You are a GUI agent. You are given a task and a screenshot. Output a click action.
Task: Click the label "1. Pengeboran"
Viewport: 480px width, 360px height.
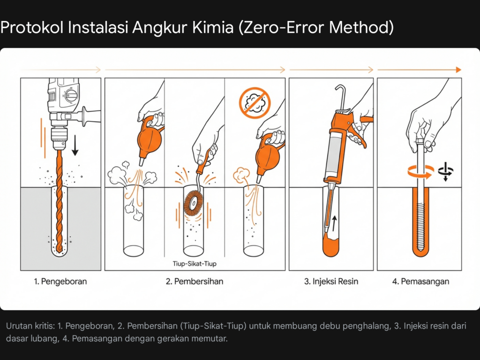(x=60, y=282)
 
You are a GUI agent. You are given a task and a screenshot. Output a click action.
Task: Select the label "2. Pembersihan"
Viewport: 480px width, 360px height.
(x=195, y=282)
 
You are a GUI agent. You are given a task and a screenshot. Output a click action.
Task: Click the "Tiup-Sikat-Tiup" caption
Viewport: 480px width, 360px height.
(x=195, y=264)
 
